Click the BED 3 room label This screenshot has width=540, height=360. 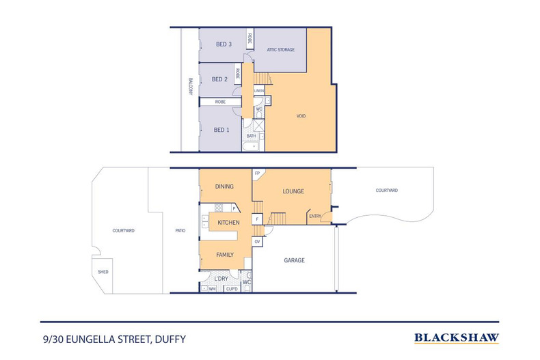224,44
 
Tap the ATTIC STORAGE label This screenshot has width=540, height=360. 281,50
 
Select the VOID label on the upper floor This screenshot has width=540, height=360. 301,116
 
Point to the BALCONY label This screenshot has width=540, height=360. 191,86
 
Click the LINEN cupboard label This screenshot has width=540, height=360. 259,91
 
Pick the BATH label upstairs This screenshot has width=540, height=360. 251,136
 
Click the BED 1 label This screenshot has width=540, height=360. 221,130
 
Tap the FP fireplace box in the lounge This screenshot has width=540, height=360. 257,174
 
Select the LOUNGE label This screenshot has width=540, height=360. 293,191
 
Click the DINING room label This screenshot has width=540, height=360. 224,186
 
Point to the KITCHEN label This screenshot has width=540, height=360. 229,223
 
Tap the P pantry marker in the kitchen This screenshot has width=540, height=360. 234,208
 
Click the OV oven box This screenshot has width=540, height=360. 257,242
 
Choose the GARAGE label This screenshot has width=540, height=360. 294,260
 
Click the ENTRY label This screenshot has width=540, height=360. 315,216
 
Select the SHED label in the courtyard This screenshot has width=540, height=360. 103,272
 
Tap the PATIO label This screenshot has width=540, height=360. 180,231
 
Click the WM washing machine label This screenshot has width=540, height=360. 212,289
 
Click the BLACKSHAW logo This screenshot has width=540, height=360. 457,338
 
